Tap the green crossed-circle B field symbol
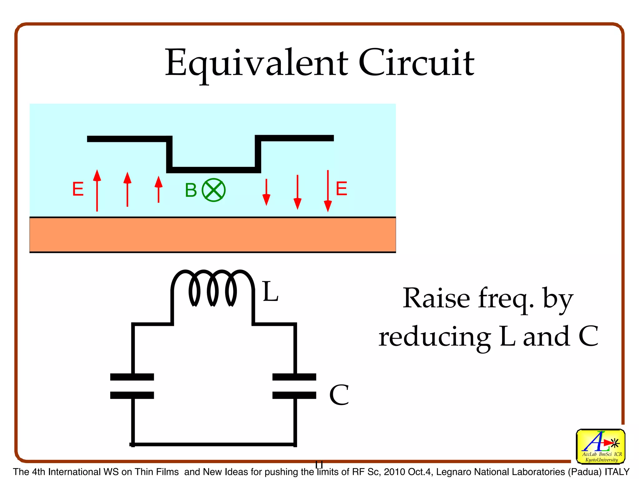tap(214, 190)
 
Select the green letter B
tap(191, 190)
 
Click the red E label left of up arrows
tap(78, 189)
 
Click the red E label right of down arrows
tap(341, 189)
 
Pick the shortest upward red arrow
tap(159, 189)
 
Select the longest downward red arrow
tap(328, 191)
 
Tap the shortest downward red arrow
tap(266, 192)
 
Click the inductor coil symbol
tap(213, 288)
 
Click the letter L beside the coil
tap(270, 292)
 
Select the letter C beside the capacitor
tap(339, 395)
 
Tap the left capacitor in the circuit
tap(132, 386)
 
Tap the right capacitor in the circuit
tap(294, 386)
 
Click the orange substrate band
tap(212, 235)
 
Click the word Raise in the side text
tap(436, 298)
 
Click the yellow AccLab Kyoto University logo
tap(600, 446)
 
